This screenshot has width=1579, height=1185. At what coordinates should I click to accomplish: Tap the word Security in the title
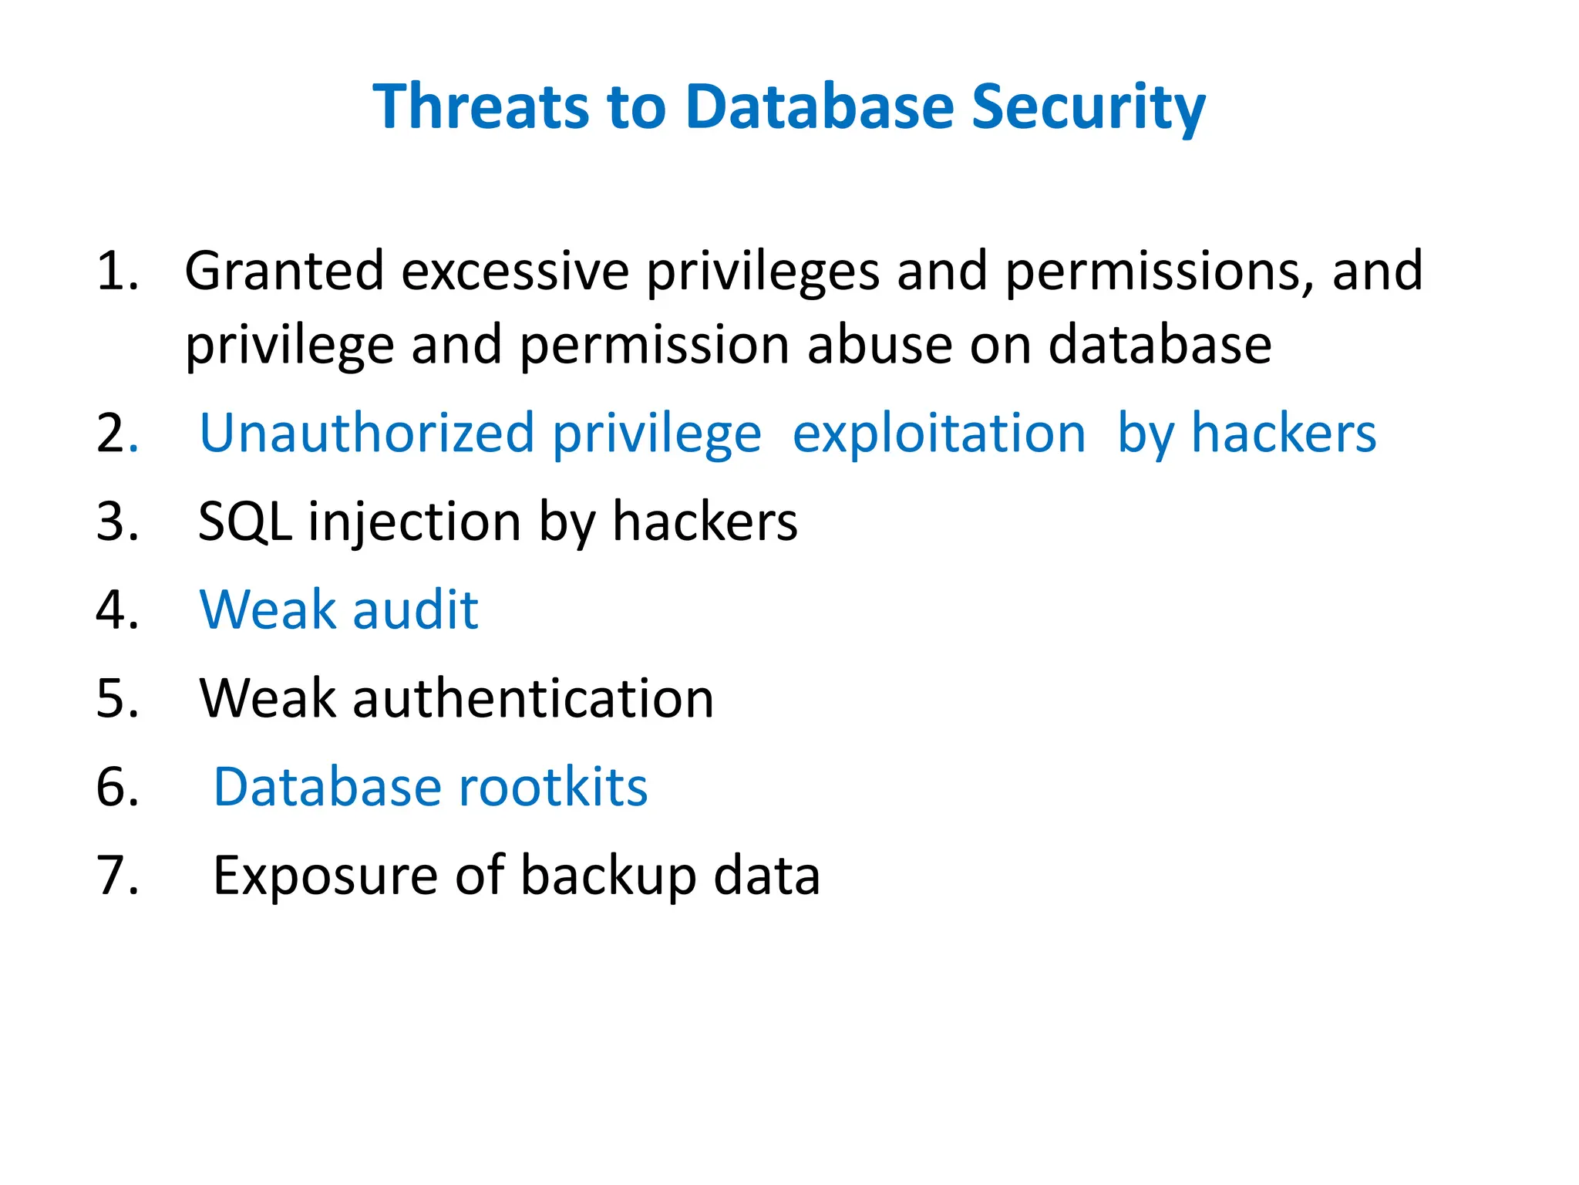(x=1088, y=108)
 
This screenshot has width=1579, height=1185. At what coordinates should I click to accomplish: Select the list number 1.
(x=116, y=272)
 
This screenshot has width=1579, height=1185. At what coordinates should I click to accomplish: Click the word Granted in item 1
(x=284, y=272)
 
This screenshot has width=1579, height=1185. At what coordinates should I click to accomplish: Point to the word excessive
(x=515, y=272)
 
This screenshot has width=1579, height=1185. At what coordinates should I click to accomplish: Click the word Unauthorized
(x=366, y=433)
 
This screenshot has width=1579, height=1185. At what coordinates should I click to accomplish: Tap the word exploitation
(x=939, y=434)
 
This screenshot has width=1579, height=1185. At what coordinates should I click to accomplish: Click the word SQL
(x=244, y=522)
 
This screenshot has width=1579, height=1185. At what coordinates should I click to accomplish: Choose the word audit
(x=416, y=609)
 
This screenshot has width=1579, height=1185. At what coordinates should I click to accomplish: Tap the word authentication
(x=534, y=698)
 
